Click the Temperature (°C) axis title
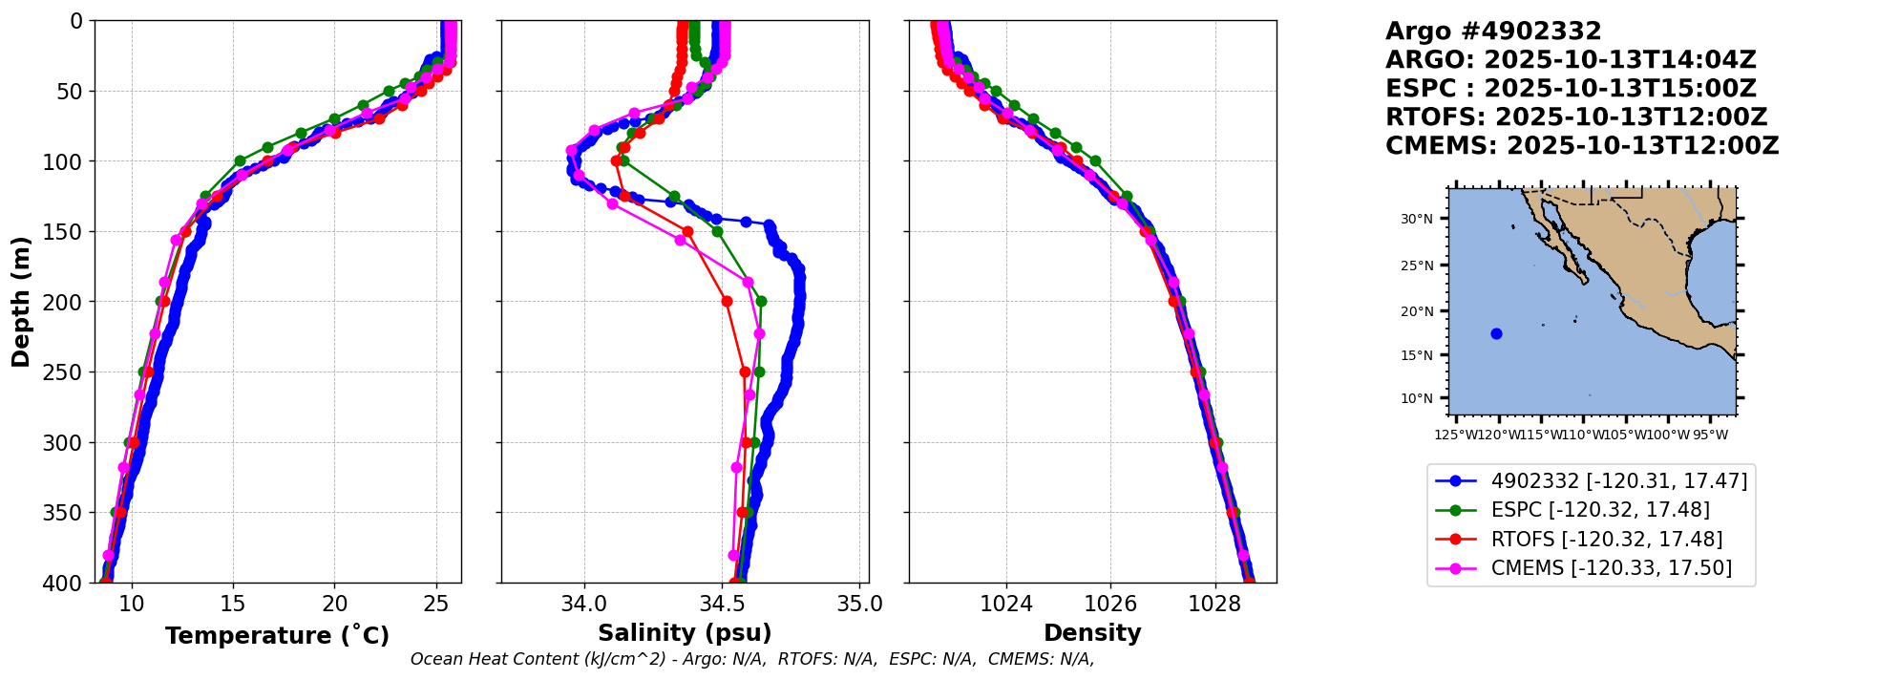[277, 636]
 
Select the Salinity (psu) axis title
[685, 633]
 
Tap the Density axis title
[1092, 633]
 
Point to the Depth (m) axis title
[21, 301]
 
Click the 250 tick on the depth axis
[69, 372]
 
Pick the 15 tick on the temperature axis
[233, 604]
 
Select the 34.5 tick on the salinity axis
[722, 604]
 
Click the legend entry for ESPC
[1599, 510]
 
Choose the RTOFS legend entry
[1606, 540]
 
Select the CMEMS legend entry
[1611, 568]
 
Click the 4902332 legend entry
[1618, 481]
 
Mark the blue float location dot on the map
[1496, 333]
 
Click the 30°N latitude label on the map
[1417, 219]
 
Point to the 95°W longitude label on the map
[1710, 435]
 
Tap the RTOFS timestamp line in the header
[1576, 117]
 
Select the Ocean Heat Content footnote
[751, 659]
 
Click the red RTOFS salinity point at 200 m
[727, 302]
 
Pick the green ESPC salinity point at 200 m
[761, 302]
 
